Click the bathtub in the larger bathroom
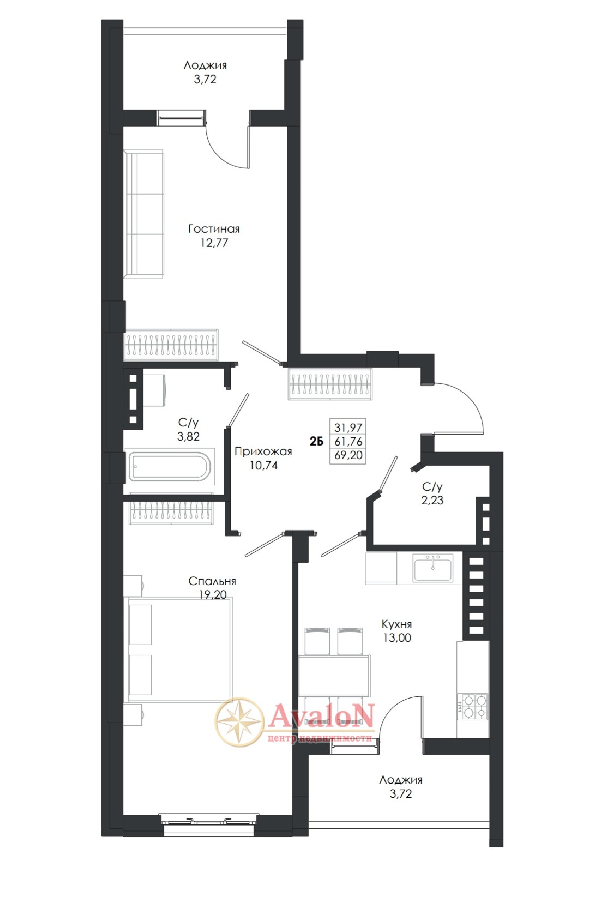pos(169,467)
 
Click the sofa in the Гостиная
pos(144,214)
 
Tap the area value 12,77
pos(214,243)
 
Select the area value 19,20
pos(213,594)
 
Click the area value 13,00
pos(397,638)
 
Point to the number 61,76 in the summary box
pos(348,442)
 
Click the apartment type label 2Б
pos(316,442)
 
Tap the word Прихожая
pos(263,451)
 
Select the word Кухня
pos(396,624)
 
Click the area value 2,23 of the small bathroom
pos(432,500)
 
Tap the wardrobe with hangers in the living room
pos(171,345)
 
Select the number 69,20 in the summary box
pos(348,455)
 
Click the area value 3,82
pos(188,436)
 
